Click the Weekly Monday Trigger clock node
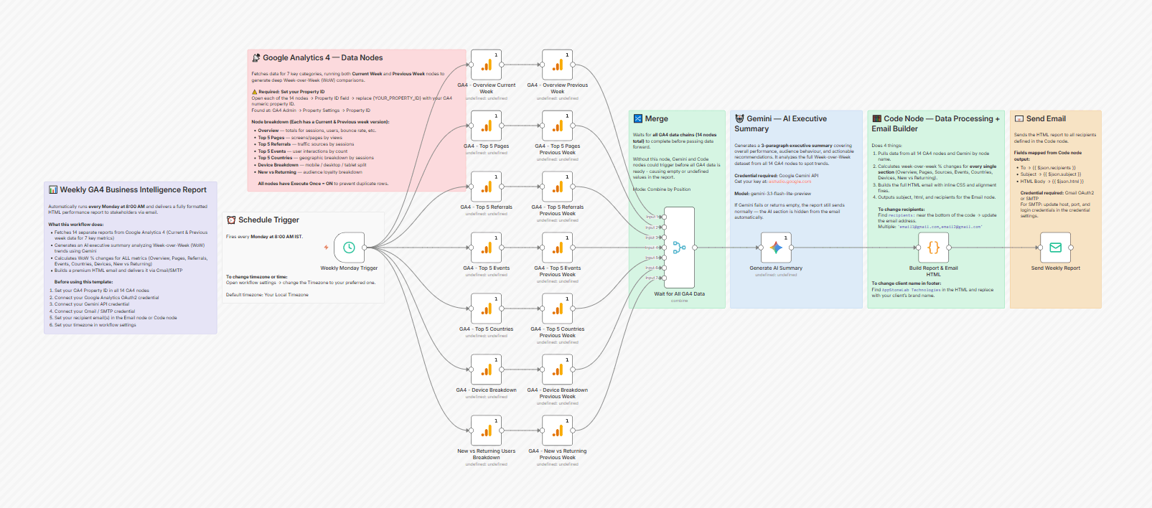click(x=349, y=248)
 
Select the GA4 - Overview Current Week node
click(x=486, y=65)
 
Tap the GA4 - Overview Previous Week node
click(x=558, y=65)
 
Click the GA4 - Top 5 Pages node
click(x=486, y=126)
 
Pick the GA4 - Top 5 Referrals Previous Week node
click(x=558, y=187)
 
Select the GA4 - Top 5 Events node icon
click(x=486, y=248)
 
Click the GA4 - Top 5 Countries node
click(x=486, y=309)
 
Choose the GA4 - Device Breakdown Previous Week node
click(x=558, y=370)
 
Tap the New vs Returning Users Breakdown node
click(x=486, y=431)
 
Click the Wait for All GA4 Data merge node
click(x=679, y=248)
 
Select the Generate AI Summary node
click(x=776, y=248)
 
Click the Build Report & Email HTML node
click(x=933, y=248)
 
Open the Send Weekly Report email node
click(x=1055, y=248)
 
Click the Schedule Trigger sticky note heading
click(x=268, y=220)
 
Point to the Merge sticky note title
click(x=656, y=119)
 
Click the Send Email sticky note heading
click(x=1045, y=119)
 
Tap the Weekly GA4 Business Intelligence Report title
click(x=133, y=190)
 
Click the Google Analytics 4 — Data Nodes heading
click(x=322, y=58)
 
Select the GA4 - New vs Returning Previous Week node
click(x=558, y=431)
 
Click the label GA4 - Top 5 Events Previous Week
click(x=558, y=271)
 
